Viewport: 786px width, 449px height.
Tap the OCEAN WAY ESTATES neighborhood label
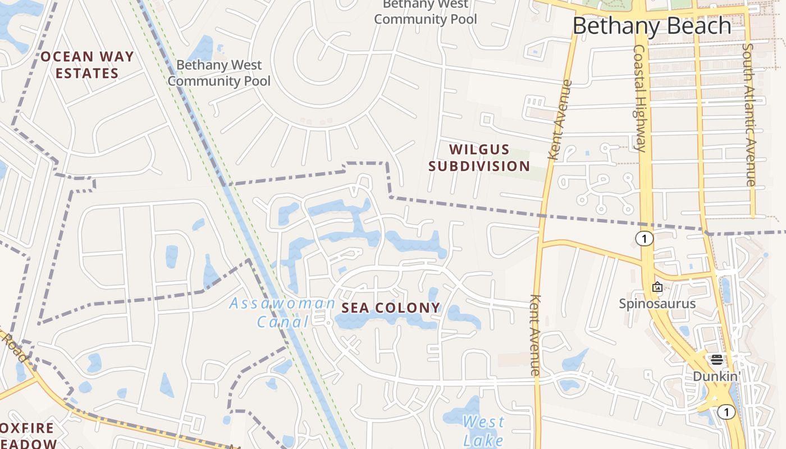click(87, 65)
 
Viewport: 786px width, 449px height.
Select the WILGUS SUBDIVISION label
click(479, 158)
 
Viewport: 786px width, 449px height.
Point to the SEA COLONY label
click(391, 308)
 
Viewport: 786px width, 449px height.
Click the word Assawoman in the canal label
click(282, 304)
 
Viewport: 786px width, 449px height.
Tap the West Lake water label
click(483, 430)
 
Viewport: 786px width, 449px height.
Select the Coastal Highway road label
click(641, 98)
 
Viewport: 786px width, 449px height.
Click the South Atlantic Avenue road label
click(749, 114)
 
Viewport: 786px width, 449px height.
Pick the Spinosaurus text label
click(657, 304)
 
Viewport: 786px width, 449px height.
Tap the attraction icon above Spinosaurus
click(657, 287)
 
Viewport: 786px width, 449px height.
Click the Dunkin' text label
click(716, 376)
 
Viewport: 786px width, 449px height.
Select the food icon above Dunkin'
click(716, 359)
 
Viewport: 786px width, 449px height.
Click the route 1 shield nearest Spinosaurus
click(645, 239)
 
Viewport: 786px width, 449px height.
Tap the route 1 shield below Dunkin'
click(726, 413)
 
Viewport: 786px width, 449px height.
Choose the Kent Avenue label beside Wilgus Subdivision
click(561, 120)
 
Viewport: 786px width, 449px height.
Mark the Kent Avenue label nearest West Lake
click(535, 335)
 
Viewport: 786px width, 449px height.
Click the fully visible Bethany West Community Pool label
click(219, 73)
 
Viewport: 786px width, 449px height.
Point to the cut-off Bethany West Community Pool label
click(425, 12)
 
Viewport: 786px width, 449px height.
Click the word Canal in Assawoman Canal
click(283, 322)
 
